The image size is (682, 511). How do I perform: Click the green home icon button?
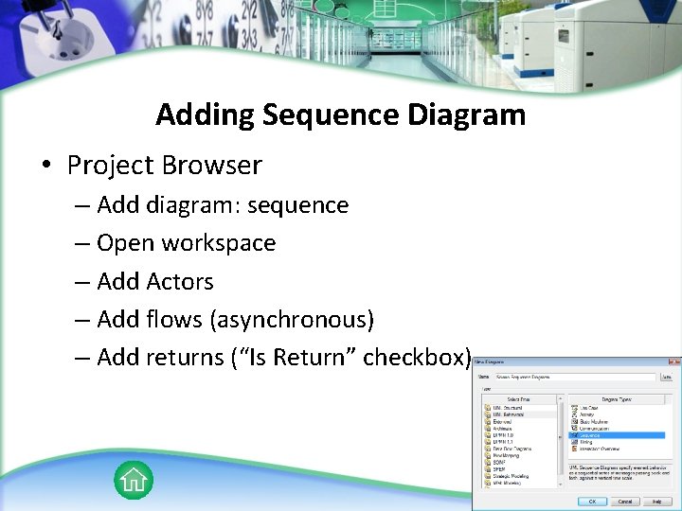pos(134,480)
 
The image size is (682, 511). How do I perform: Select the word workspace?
pos(218,243)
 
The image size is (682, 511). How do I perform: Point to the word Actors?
pos(181,282)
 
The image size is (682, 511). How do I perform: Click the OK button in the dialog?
pos(592,502)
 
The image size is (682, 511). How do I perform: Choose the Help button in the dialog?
pos(658,502)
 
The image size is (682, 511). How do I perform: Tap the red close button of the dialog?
pos(673,361)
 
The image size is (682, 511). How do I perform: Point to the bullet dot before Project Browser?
pos(45,167)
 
